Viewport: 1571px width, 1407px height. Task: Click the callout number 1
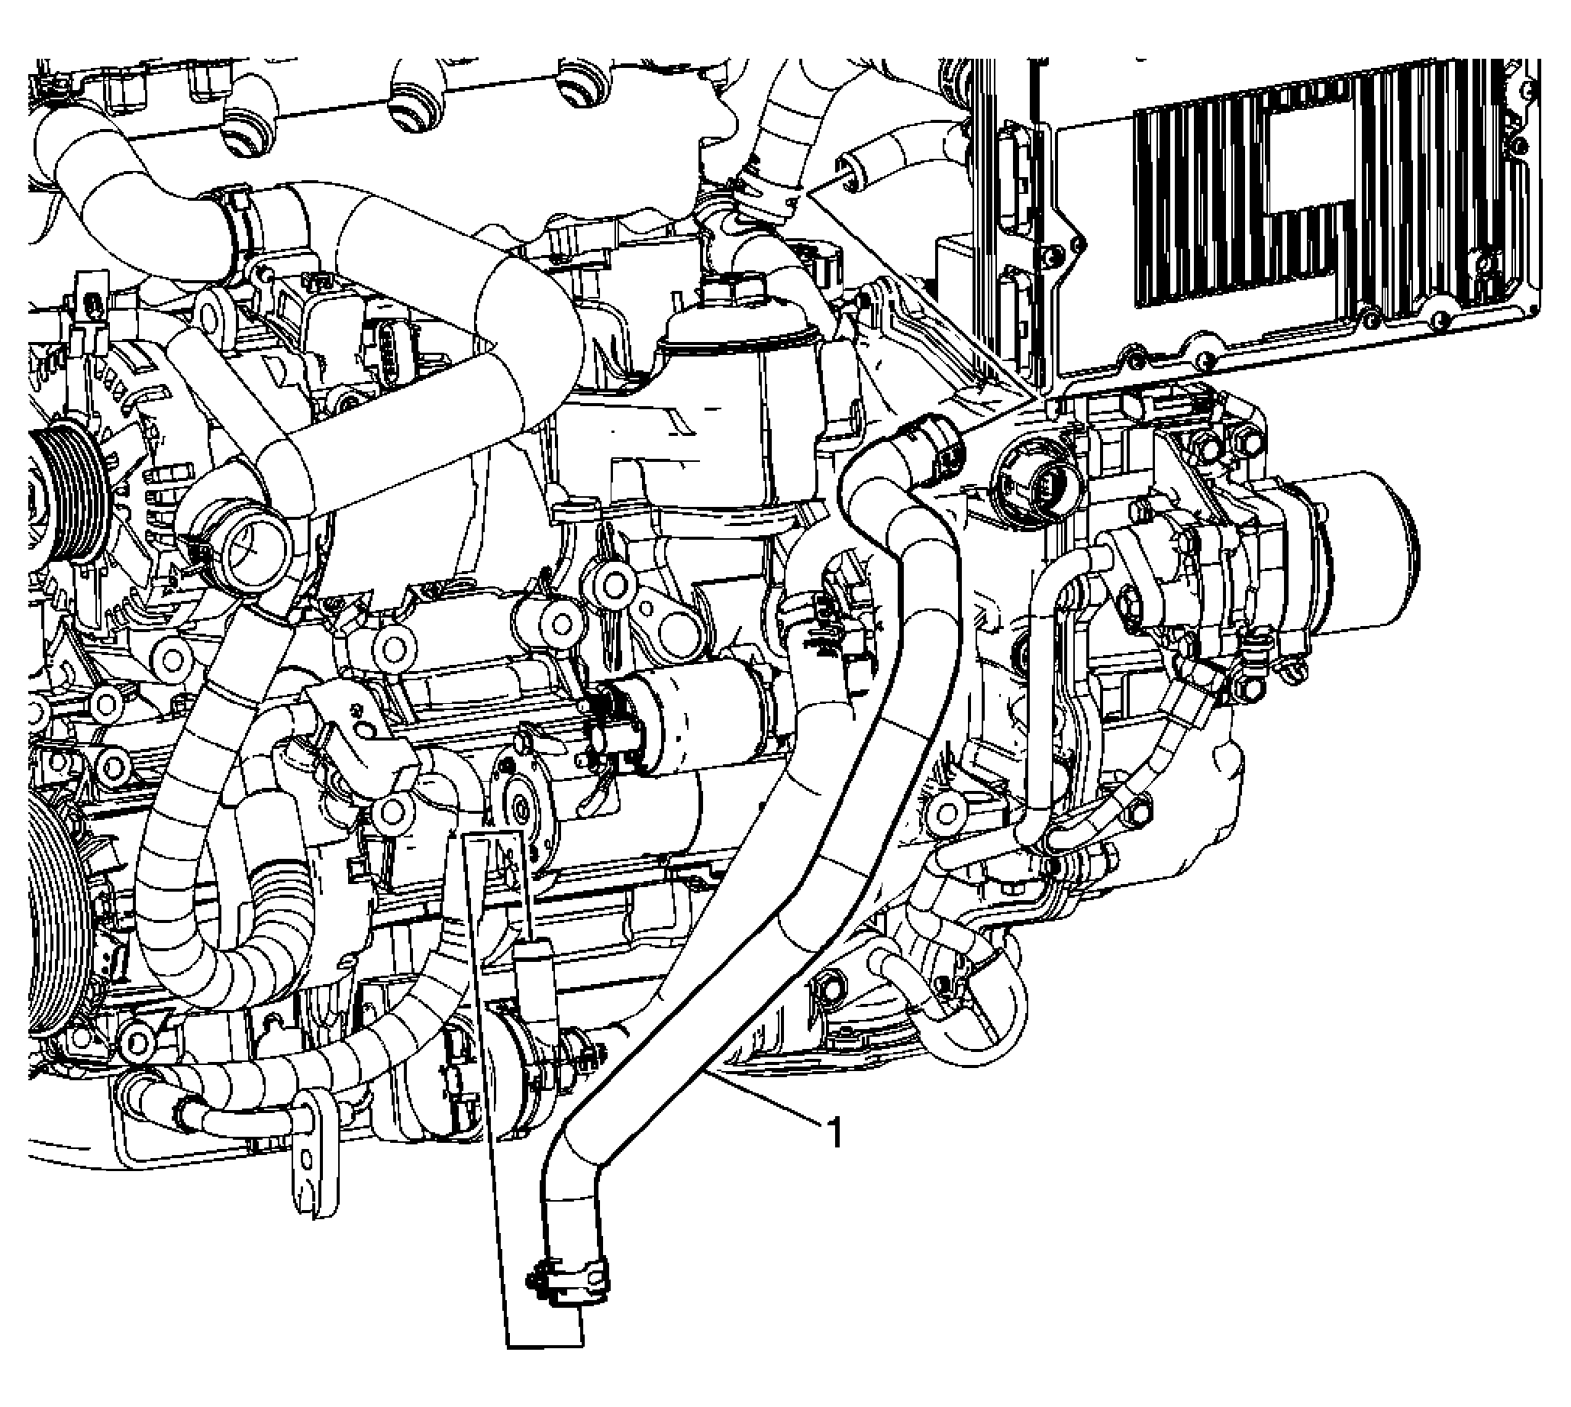pyautogui.click(x=834, y=1134)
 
